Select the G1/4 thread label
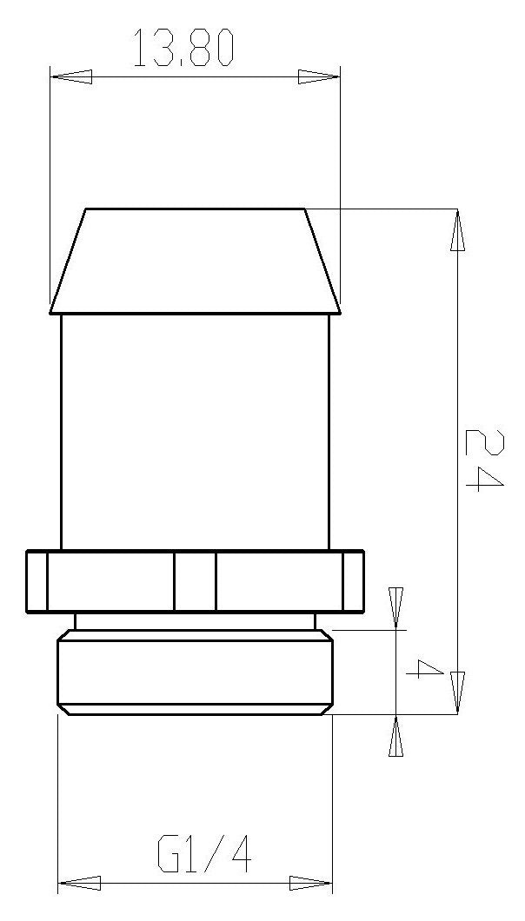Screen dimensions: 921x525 coord(205,856)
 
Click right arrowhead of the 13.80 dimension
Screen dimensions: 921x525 coord(319,77)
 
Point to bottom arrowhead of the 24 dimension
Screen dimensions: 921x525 coord(457,692)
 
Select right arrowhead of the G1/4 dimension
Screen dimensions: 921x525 coord(311,884)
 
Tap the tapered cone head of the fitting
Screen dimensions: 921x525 coord(195,261)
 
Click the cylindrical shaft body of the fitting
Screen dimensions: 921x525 coord(195,430)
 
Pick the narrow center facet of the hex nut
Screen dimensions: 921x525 coord(195,581)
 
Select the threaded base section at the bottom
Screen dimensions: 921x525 coord(195,671)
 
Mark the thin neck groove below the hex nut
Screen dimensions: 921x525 coord(195,621)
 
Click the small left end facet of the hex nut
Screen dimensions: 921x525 coord(37,581)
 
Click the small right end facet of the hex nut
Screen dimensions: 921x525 coord(353,581)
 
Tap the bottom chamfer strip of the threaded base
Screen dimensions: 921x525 coord(195,710)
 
